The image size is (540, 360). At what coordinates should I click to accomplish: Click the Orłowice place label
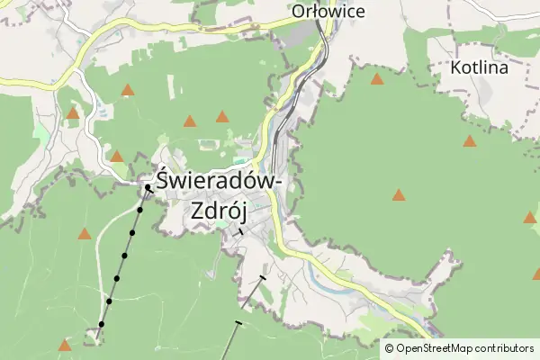[x=328, y=12]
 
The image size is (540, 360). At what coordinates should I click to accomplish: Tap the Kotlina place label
[x=479, y=67]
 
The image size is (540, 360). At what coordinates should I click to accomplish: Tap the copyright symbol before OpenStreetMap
[x=390, y=348]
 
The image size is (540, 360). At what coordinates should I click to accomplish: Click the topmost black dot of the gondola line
[x=148, y=188]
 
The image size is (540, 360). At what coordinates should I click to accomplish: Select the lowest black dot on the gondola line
[x=102, y=324]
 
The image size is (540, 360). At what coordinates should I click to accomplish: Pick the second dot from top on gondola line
[x=139, y=211]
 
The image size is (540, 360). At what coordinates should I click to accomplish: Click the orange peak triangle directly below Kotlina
[x=470, y=141]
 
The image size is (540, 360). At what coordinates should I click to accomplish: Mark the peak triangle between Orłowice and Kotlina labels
[x=377, y=78]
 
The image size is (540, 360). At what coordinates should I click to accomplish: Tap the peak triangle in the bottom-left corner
[x=64, y=345]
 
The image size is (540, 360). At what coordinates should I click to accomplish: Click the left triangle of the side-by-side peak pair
[x=190, y=121]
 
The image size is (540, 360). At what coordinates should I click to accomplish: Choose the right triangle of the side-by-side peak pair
[x=222, y=116]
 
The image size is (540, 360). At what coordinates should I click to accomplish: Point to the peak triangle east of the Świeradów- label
[x=399, y=194]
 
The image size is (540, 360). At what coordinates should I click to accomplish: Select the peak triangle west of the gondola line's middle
[x=84, y=234]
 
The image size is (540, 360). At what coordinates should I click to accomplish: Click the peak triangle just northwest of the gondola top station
[x=116, y=157]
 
